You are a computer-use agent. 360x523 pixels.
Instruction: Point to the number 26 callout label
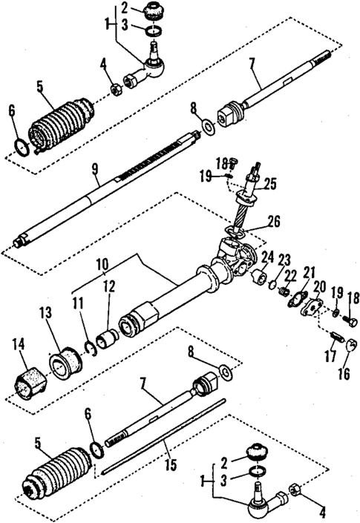pos(275,220)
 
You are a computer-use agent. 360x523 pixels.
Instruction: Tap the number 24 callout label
pos(266,257)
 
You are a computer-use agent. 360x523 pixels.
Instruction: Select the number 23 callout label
pos(284,259)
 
